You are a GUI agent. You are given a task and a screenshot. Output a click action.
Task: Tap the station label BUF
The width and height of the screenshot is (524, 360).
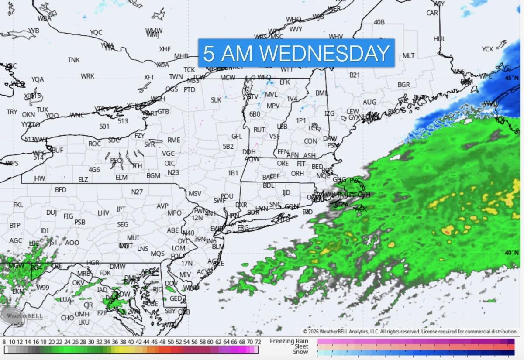click(58, 150)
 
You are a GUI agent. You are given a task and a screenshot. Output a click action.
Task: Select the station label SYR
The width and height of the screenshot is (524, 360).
click(150, 144)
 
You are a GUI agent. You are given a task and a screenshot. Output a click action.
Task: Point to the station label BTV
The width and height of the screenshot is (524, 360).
click(253, 96)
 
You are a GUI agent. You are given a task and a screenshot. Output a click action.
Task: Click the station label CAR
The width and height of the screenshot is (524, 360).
click(432, 13)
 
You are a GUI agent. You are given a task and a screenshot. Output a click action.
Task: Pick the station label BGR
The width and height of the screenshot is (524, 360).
click(403, 84)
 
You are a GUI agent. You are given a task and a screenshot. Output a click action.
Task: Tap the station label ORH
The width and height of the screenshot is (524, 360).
click(297, 173)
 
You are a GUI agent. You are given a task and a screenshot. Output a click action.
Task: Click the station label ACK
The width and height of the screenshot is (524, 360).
click(361, 209)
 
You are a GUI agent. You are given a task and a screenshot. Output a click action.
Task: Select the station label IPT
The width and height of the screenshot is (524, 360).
click(121, 209)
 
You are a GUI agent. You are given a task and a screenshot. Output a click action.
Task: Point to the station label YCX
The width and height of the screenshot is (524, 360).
click(487, 49)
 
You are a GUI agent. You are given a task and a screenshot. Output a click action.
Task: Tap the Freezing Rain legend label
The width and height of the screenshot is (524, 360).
click(289, 341)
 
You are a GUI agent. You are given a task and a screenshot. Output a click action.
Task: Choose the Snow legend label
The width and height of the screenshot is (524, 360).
click(300, 352)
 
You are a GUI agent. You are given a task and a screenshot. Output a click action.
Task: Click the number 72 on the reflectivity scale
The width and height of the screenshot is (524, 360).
click(258, 342)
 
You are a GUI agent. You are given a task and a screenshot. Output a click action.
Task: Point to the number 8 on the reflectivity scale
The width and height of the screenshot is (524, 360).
click(4, 342)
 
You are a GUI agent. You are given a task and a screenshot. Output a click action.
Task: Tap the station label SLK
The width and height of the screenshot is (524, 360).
click(216, 100)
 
